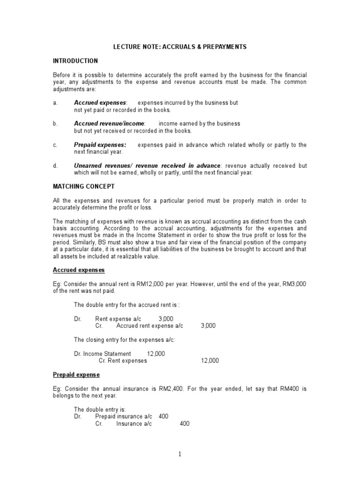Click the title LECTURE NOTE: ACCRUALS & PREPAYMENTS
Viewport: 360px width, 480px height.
pyautogui.click(x=180, y=47)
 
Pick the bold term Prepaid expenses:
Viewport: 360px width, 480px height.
pyautogui.click(x=100, y=145)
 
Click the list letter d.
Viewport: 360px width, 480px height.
pyautogui.click(x=55, y=166)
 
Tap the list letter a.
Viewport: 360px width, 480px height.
pyautogui.click(x=55, y=103)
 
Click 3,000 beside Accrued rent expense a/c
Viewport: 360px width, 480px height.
pyautogui.click(x=208, y=326)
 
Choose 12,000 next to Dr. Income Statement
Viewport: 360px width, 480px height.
pyautogui.click(x=156, y=354)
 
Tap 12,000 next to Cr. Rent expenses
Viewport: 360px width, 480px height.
pyautogui.click(x=210, y=361)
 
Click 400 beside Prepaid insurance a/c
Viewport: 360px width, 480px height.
pyautogui.click(x=164, y=416)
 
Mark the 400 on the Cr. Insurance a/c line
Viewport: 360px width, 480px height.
pyautogui.click(x=185, y=424)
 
